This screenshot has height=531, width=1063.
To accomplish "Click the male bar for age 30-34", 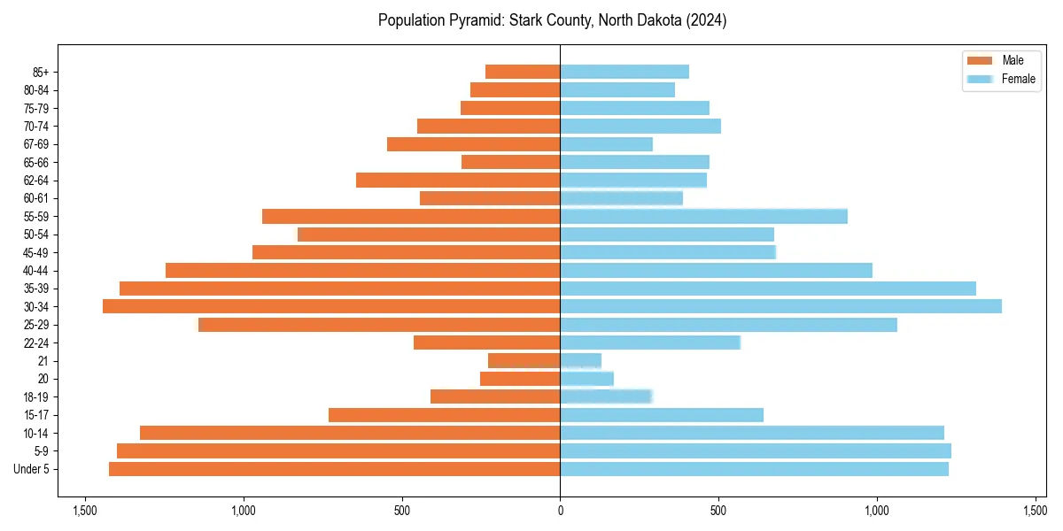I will coord(331,306).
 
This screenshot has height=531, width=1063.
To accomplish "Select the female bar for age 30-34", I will coord(780,306).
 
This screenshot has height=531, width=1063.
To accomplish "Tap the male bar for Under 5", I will coord(334,469).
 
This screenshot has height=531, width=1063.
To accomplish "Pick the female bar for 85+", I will coord(625,72).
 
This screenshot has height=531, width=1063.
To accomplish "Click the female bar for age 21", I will coord(580,361).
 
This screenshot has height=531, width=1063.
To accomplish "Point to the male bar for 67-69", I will coord(473,144).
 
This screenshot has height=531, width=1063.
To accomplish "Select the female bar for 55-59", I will coord(703,216).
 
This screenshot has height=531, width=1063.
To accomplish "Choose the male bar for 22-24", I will coord(486,342).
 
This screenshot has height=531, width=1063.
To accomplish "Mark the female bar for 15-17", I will coord(662,415).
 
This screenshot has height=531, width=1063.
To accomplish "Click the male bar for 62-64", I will coord(458,181).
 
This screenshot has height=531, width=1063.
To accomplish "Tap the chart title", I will coord(552,20).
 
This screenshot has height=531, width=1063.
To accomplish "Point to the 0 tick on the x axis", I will coord(560,511).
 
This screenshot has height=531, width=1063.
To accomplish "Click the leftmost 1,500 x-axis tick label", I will coord(85,511).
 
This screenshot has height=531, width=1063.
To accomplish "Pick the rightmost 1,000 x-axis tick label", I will coord(877,511).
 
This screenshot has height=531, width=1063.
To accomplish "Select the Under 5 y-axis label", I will coord(32,469).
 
